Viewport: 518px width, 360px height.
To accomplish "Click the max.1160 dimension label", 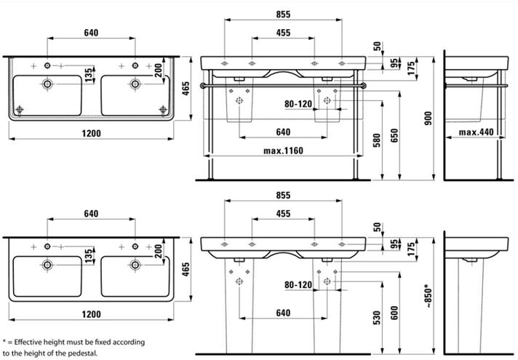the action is (x=283, y=151).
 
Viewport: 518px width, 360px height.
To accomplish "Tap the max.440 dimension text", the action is (x=476, y=132).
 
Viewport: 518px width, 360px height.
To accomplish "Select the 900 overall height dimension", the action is (x=428, y=119).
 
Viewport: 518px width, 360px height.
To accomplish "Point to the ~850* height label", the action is (x=428, y=296).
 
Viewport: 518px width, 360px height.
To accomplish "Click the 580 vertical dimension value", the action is (x=377, y=140).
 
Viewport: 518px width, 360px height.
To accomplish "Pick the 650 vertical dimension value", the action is (x=394, y=135).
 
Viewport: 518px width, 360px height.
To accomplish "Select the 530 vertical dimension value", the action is (x=377, y=318).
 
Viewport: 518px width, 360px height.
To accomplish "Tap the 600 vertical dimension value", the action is (x=394, y=313).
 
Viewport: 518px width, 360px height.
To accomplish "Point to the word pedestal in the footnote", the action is (x=83, y=353).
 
